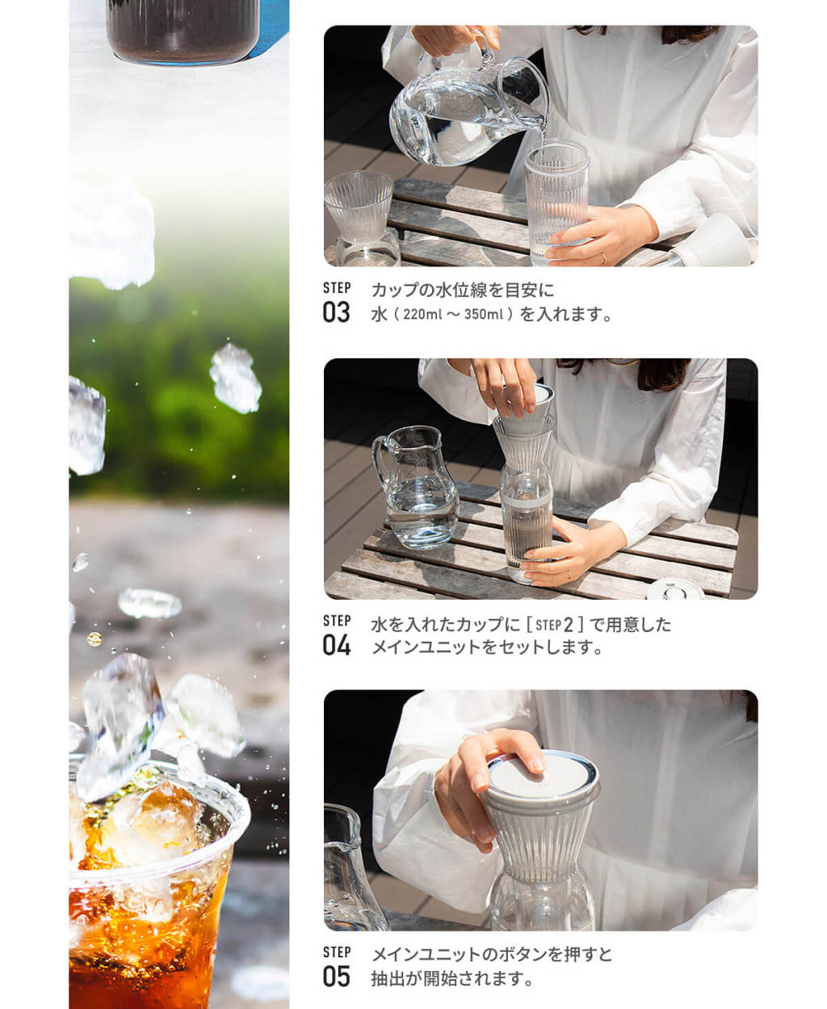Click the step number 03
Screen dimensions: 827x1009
tap(336, 312)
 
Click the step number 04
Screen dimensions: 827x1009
tap(337, 645)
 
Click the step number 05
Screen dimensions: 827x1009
tap(337, 976)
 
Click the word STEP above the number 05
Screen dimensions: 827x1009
tap(337, 952)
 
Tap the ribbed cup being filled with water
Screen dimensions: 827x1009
tap(556, 201)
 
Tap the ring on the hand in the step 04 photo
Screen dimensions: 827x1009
tap(569, 574)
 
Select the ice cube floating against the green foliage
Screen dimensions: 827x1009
tap(235, 378)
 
